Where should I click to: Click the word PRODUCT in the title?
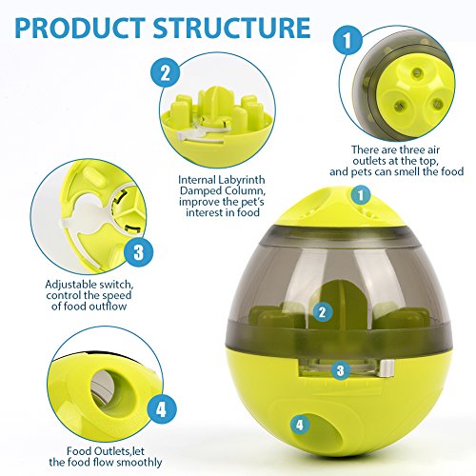[x=80, y=28]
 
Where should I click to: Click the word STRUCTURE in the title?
[x=232, y=28]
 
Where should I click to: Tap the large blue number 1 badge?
[x=347, y=40]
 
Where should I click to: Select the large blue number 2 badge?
[x=165, y=73]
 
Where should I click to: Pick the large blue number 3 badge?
[x=138, y=253]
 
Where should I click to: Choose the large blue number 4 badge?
[x=161, y=409]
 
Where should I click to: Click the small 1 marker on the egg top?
[x=361, y=195]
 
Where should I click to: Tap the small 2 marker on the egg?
[x=323, y=312]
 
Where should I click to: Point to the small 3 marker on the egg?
[x=340, y=370]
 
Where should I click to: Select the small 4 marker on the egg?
[x=300, y=425]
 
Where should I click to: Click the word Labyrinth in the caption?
[x=241, y=181]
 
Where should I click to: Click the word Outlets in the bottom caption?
[x=109, y=451]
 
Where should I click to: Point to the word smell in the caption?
[x=407, y=171]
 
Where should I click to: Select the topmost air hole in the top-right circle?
[x=417, y=74]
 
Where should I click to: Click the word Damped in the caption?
[x=201, y=191]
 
